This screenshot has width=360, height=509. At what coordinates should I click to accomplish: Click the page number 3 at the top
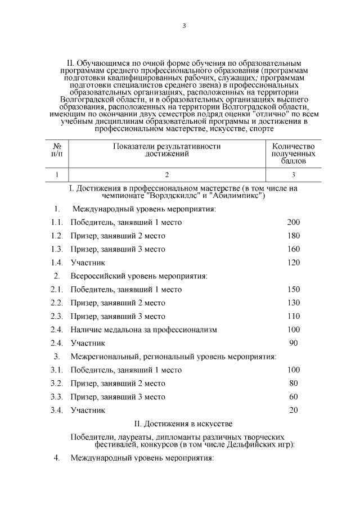coord(183,25)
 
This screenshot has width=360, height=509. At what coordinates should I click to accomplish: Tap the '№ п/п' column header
coord(56,150)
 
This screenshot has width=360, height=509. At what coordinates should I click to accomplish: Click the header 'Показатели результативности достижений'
coord(166,150)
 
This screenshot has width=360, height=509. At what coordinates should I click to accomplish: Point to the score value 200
coord(293,222)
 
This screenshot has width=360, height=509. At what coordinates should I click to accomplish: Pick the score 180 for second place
coord(293,236)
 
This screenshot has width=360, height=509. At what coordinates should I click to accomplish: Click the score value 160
coord(293,249)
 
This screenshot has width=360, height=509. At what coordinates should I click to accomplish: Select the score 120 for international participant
coord(293,263)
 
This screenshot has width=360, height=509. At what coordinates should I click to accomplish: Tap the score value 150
coord(293,290)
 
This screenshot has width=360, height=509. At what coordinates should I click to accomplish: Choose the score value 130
coord(293,303)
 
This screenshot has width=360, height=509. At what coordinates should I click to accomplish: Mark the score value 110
coord(293,316)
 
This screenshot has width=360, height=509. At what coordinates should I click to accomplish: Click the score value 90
coord(293,343)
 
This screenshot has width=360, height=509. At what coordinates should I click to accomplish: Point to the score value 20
coord(293,410)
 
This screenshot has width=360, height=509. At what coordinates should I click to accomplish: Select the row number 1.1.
coord(56,222)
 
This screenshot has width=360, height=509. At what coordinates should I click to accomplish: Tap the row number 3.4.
coord(56,410)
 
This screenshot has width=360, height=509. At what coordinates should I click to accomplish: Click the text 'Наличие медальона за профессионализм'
coord(143,330)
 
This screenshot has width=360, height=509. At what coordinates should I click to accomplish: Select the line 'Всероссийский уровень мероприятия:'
coord(138,276)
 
